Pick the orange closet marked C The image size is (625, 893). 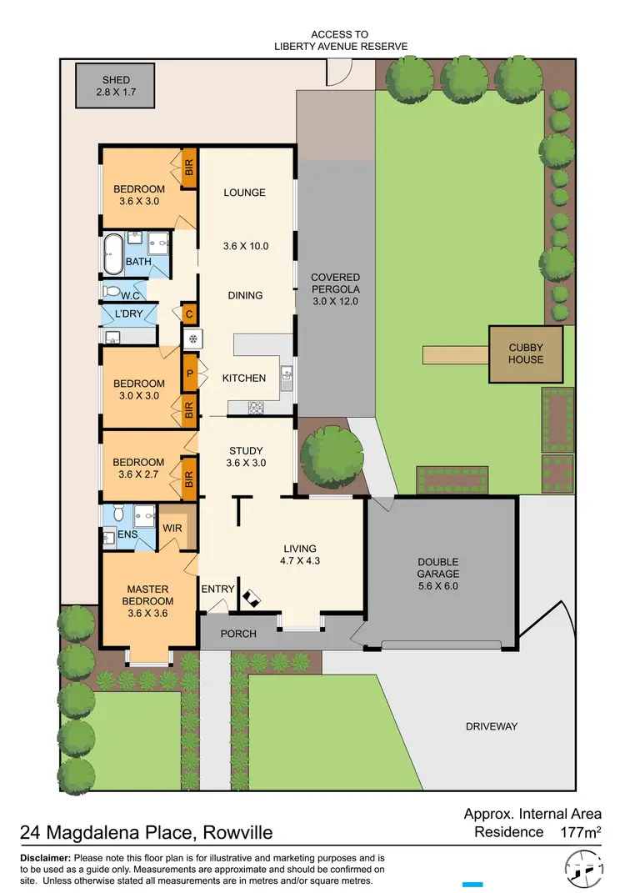click(x=189, y=314)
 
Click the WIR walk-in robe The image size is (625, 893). click(x=172, y=528)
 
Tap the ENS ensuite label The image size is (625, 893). click(x=127, y=534)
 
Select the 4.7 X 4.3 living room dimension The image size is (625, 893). click(x=300, y=561)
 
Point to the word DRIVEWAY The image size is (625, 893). click(x=491, y=726)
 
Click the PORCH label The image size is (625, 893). click(x=237, y=634)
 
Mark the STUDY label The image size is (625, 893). click(x=246, y=451)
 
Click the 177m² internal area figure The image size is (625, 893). click(x=579, y=831)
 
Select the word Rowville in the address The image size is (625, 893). click(x=232, y=833)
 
